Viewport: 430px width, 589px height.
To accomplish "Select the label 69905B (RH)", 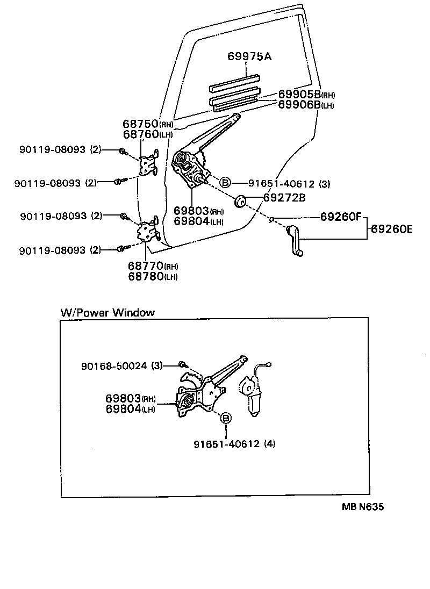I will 306,95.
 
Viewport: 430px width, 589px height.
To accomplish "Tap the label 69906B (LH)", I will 306,104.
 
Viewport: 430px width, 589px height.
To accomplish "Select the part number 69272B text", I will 284,198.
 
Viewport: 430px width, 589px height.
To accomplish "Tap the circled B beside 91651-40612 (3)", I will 225,183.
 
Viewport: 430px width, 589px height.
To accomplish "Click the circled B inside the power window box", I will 226,418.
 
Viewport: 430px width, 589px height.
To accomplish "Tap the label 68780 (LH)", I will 153,276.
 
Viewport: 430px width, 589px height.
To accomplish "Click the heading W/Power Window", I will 107,312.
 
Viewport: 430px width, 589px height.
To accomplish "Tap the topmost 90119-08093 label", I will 61,150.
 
